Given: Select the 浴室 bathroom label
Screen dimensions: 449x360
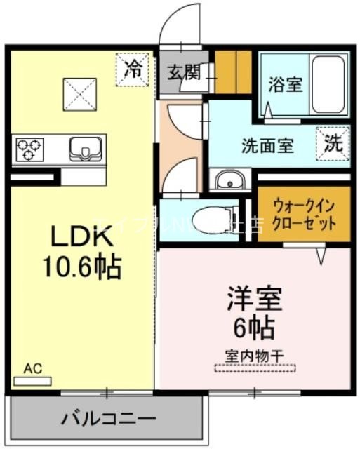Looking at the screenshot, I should [x=284, y=84].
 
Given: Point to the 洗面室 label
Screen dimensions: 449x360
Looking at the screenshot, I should [x=267, y=147].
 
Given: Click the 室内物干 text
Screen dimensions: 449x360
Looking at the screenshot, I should [x=254, y=355].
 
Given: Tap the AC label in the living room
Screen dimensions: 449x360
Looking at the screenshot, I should [x=32, y=368].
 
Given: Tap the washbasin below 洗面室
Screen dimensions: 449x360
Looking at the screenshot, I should [x=229, y=181].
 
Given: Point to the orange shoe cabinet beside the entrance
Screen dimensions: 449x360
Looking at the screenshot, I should [x=232, y=72].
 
